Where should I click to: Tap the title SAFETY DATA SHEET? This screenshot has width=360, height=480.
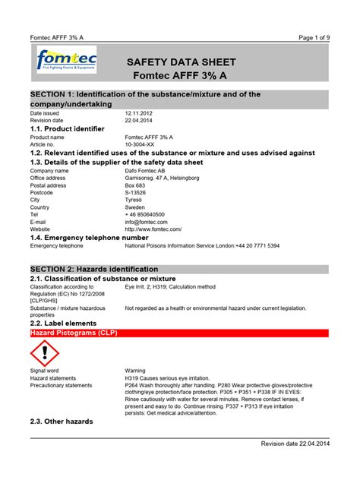coord(181,62)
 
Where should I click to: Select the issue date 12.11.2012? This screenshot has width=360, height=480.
coord(140,113)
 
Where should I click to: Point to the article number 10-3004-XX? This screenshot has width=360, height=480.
coord(143,144)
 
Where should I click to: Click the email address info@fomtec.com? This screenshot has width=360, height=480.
coord(147,221)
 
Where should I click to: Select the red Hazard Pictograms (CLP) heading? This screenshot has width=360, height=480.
coord(70,333)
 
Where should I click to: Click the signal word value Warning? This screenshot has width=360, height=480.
coord(135,371)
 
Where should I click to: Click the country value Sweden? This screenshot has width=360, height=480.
coord(135,207)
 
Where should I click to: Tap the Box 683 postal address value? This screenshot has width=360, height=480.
coord(135,185)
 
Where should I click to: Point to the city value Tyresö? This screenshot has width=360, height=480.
coord(134,200)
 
